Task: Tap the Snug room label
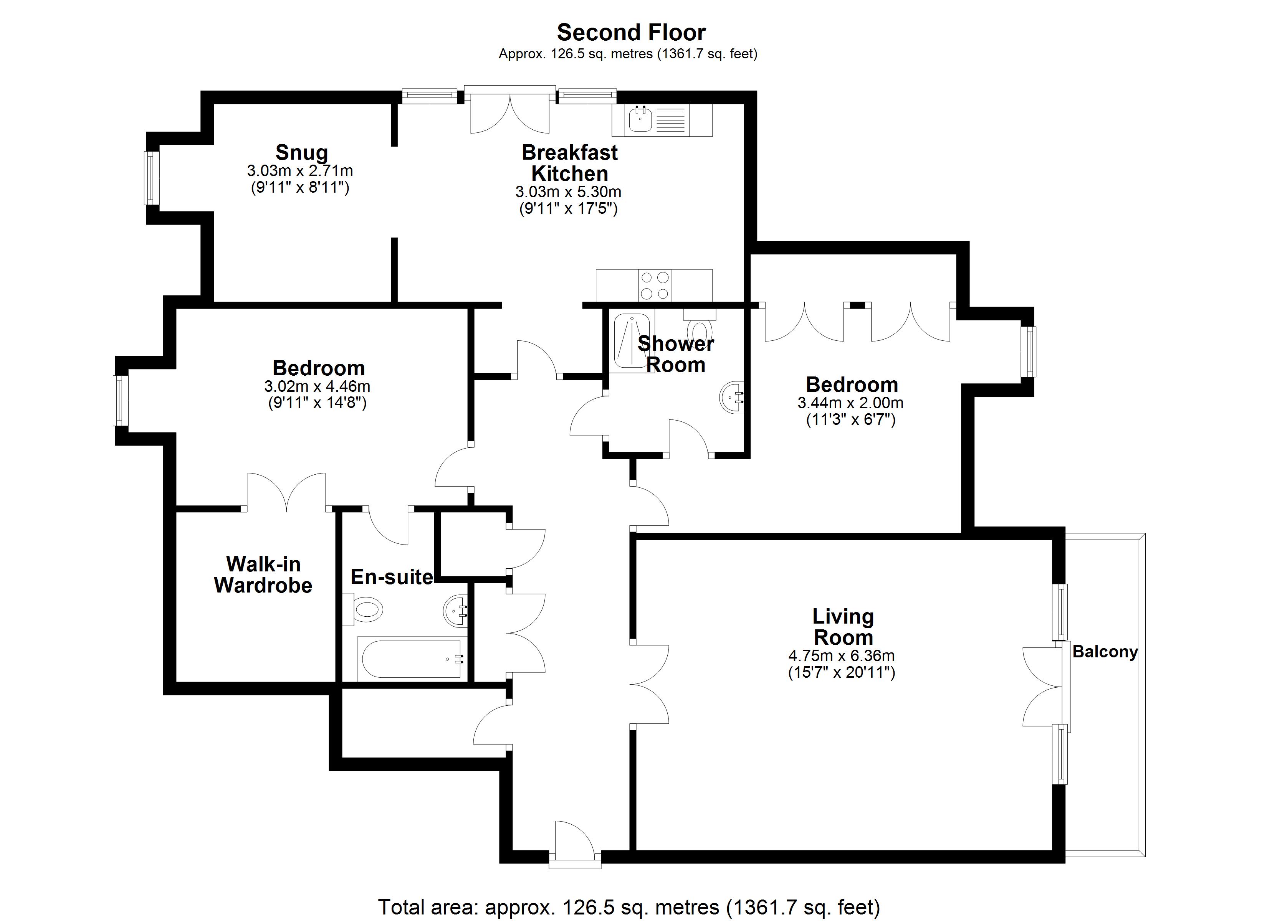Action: [x=302, y=152]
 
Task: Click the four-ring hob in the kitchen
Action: [x=655, y=286]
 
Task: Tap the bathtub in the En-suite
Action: [x=412, y=659]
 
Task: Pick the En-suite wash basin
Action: [x=456, y=611]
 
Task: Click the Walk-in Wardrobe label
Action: [x=263, y=575]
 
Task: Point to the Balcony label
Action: [x=1105, y=652]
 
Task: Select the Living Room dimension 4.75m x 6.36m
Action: [x=841, y=656]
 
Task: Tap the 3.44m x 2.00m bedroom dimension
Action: [x=850, y=403]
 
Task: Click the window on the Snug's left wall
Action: [x=151, y=178]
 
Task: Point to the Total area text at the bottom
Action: [x=629, y=908]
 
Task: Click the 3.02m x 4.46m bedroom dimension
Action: [x=317, y=386]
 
